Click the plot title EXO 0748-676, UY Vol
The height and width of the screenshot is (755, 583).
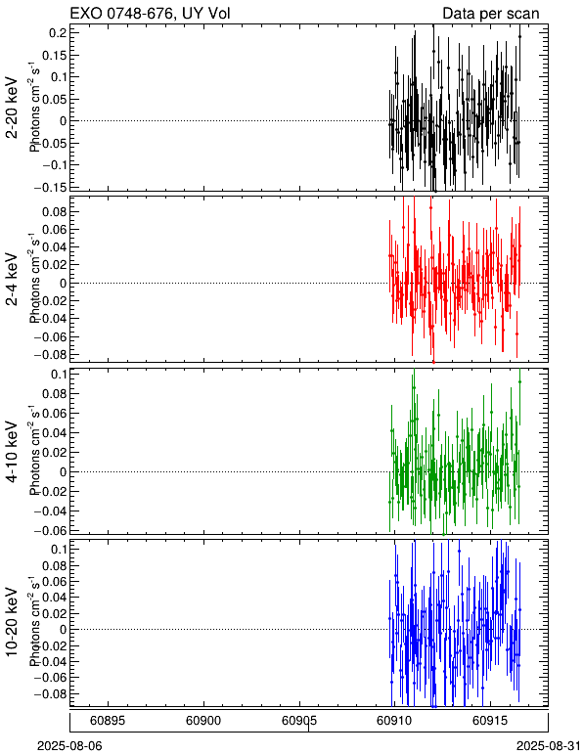tap(151, 14)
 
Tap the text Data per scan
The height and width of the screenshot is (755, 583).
tap(491, 14)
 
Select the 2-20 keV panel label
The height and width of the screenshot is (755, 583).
tap(12, 108)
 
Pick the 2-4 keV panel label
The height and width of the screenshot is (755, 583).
tap(12, 280)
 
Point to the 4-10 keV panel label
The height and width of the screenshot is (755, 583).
tap(12, 451)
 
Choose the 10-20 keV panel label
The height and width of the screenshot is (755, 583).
tap(12, 622)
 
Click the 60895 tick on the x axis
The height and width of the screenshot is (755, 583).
tap(108, 721)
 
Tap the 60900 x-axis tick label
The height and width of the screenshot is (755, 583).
tap(203, 721)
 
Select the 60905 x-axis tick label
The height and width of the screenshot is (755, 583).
tap(299, 721)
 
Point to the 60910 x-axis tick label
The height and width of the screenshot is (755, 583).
tap(395, 721)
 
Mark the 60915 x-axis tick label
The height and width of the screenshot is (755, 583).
tap(491, 721)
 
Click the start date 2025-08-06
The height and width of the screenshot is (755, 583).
tap(69, 746)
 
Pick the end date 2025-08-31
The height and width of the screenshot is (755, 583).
tap(549, 746)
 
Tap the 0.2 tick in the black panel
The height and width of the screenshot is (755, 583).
tap(57, 32)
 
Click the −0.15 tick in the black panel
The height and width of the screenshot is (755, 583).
tap(51, 187)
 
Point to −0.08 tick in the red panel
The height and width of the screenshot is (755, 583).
tap(50, 354)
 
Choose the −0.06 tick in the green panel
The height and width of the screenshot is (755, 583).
tap(50, 530)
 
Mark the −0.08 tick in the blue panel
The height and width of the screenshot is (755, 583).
tap(50, 693)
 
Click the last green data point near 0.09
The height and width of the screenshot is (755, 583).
tap(519, 381)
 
